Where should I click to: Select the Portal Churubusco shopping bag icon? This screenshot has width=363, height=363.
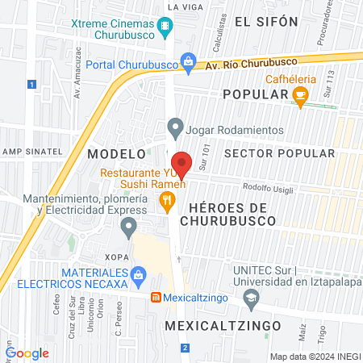(188, 60)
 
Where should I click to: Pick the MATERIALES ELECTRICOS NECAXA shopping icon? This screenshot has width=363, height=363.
(139, 275)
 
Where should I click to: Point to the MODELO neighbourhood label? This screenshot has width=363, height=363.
(117, 153)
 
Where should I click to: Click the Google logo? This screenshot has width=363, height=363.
(27, 353)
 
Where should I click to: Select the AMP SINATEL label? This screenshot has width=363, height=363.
(31, 151)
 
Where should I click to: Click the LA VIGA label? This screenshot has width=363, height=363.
(180, 6)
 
